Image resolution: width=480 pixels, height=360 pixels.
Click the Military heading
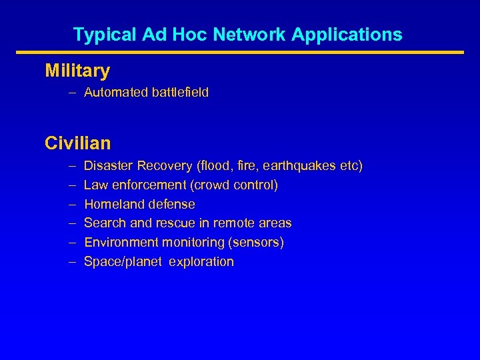coord(77,70)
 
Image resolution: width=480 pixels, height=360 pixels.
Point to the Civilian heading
coord(78,143)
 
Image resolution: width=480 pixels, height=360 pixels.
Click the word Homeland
coord(111,204)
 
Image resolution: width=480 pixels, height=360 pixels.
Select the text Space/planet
coord(123,262)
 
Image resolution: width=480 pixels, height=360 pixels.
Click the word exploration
coord(201,261)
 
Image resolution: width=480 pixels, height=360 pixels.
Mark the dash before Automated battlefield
coord(71,92)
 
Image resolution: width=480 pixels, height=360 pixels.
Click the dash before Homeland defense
coord(71,204)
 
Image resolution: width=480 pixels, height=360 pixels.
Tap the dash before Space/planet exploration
coord(71,261)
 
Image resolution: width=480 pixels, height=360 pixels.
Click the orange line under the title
coord(239,53)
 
